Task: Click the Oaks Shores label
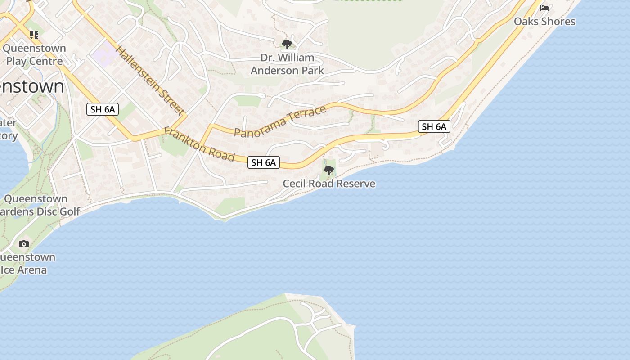coord(544,21)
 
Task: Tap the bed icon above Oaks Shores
coord(544,8)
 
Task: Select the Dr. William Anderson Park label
coord(287,64)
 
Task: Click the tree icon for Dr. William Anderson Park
coord(287,44)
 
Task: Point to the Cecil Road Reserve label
coord(329,184)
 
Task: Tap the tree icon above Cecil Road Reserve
coord(329,171)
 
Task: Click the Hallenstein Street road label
coord(150,81)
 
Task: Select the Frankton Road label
coord(199,144)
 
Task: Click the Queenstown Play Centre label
coord(34,54)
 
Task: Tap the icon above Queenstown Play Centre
coord(34,35)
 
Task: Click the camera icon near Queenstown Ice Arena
coord(24,244)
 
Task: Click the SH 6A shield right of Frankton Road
coord(264,162)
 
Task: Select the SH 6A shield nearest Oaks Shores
coord(434,127)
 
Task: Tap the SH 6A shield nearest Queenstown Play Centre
coord(103,109)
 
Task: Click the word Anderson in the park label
coord(271,71)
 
